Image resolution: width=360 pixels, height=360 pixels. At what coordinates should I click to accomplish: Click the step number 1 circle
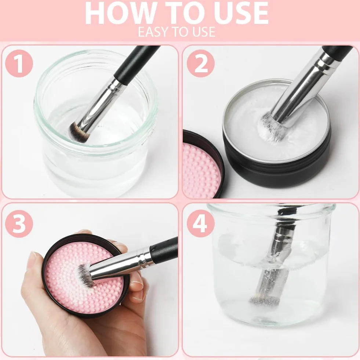tap(19, 63)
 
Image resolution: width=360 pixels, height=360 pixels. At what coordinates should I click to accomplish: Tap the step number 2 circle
tap(201, 63)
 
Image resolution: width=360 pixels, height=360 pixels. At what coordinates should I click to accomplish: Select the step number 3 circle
tap(19, 223)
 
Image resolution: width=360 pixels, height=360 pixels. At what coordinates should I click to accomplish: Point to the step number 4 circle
tap(201, 223)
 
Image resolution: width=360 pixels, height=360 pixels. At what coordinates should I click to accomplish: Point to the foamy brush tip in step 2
tap(271, 128)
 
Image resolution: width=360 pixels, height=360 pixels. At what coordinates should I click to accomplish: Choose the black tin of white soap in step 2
tap(276, 133)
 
